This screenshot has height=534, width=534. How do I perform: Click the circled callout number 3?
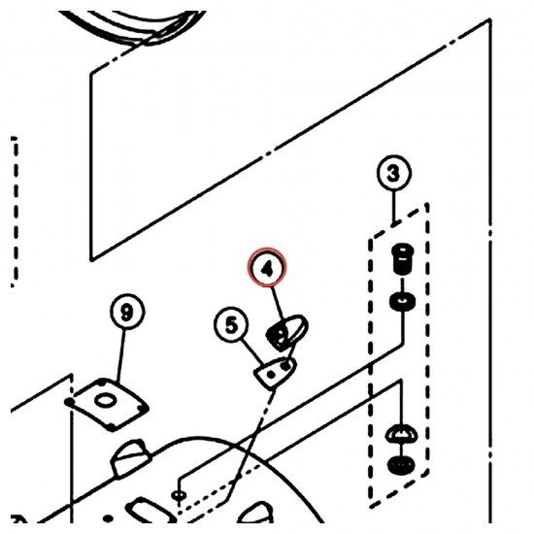(394, 173)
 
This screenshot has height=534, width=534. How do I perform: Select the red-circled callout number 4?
(267, 268)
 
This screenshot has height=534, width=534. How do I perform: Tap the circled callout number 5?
(231, 325)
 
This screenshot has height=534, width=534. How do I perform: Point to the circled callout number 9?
(127, 312)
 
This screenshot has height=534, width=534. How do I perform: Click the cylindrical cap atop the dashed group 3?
(402, 258)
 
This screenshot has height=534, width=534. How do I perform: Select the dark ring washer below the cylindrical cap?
(402, 302)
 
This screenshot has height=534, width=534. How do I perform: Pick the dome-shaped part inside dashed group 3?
(402, 435)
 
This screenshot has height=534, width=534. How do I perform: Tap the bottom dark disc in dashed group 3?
(402, 465)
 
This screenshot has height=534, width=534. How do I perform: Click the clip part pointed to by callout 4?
(286, 333)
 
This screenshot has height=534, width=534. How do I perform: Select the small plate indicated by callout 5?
(275, 373)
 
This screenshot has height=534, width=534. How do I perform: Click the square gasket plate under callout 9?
(107, 404)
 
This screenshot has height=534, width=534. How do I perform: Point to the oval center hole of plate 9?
(105, 400)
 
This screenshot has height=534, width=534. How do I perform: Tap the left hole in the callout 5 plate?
(271, 375)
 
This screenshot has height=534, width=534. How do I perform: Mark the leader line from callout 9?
(121, 354)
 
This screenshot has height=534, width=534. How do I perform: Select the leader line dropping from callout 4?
(278, 305)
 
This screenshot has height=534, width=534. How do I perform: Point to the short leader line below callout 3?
(394, 207)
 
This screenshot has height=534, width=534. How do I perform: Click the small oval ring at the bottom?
(179, 494)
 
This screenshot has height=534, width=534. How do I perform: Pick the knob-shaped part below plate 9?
(130, 458)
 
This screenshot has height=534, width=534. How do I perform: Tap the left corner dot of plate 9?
(69, 402)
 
